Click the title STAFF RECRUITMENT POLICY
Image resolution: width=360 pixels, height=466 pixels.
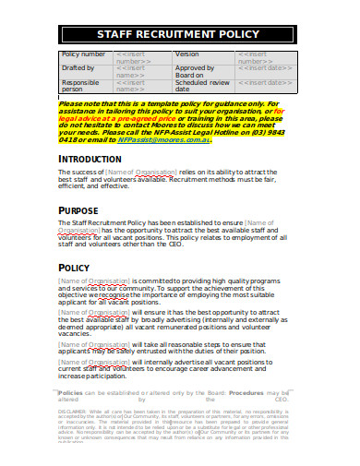(x=179, y=34)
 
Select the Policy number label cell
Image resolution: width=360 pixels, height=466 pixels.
(x=84, y=55)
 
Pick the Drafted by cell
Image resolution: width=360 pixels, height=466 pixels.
(x=79, y=68)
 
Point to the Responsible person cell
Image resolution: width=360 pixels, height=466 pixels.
(x=81, y=85)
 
